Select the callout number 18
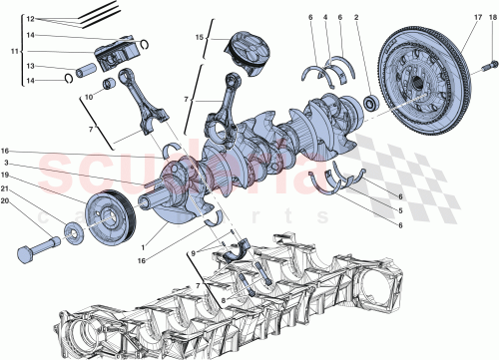pos(490,18)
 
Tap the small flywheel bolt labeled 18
pos(487,67)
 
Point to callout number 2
pos(356,18)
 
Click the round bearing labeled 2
pos(370,101)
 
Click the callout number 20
pos(5,200)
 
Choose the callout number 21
pos(5,188)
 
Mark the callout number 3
pos(5,163)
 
